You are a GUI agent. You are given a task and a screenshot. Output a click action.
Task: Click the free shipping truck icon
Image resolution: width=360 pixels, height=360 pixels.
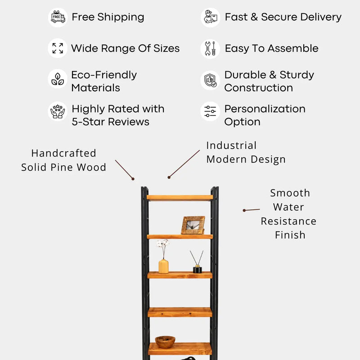pos(58,17)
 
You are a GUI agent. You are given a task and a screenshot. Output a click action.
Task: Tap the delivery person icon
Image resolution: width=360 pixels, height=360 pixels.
pos(210,17)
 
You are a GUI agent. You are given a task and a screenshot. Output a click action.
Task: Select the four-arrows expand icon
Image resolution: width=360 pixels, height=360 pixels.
pos(58,48)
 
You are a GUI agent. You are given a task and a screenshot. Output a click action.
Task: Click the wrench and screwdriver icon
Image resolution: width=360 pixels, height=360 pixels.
pos(210,49)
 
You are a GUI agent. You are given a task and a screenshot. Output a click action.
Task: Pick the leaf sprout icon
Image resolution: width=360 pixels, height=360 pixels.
pos(58,79)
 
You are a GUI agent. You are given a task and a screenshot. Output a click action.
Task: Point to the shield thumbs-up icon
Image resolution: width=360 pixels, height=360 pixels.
pos(210,81)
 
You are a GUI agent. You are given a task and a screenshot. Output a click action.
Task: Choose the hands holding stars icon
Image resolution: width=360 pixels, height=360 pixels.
pos(58,111)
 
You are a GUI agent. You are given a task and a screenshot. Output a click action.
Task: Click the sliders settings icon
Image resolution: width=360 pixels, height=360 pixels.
pos(210,111)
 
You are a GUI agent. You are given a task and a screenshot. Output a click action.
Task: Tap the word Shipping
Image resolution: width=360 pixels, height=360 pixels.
pos(121,18)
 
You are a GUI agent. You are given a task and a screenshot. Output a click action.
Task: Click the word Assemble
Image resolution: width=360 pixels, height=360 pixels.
pos(293,49)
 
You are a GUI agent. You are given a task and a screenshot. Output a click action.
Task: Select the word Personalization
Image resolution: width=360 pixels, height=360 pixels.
pos(265,109)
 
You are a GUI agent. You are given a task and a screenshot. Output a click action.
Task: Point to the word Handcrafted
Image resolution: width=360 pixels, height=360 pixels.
pos(64,153)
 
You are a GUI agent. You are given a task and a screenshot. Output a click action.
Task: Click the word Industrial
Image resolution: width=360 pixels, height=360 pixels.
pos(231,145)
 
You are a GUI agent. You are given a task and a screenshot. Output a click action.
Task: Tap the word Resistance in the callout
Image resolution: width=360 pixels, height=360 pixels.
pos(288,221)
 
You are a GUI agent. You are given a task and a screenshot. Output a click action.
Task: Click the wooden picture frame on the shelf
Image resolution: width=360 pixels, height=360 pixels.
pos(193,225)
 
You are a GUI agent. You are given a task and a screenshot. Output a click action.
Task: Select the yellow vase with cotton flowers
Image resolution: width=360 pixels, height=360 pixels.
pos(163,256)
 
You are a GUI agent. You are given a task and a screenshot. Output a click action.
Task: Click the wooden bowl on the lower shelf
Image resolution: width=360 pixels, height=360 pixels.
pos(165,342)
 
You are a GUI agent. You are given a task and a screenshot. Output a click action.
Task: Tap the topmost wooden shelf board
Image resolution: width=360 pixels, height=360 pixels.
pos(180,198)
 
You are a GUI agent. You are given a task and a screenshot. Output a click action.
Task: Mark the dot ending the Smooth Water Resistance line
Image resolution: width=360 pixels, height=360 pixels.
pos(244,210)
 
